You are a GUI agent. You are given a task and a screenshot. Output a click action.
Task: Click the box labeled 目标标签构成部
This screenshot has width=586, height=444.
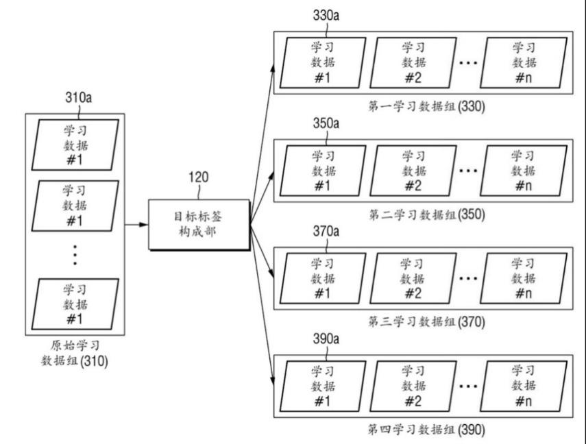199,225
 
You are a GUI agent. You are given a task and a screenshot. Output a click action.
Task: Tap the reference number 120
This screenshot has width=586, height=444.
199,177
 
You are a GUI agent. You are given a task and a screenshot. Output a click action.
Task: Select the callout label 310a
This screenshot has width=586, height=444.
79,97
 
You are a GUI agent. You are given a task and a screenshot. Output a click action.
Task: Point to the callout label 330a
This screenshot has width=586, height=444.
326,15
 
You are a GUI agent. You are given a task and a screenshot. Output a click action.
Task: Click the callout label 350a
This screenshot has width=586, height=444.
326,123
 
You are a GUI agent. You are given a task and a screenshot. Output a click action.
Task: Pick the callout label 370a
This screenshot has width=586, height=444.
326,231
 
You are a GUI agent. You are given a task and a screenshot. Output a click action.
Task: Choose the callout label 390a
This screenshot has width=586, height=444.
326,338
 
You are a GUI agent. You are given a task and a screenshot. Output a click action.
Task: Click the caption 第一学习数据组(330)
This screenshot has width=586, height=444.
426,106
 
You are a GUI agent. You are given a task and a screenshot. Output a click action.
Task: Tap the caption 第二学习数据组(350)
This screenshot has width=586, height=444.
426,214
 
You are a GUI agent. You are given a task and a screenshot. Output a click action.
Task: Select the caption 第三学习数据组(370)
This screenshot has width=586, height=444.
426,322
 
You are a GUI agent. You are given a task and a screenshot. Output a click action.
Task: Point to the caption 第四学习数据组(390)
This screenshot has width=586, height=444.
426,430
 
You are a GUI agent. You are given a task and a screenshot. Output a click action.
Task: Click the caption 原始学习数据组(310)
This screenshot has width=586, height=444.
75,353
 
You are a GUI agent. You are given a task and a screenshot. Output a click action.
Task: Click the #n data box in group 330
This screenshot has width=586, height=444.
524,63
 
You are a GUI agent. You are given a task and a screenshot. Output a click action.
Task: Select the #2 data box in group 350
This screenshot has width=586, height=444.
413,171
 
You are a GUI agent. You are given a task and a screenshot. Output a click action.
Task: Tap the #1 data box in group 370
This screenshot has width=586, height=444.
323,278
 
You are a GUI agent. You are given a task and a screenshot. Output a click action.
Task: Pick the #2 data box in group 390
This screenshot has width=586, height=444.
413,386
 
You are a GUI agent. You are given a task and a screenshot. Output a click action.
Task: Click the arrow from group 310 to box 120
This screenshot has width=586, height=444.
136,225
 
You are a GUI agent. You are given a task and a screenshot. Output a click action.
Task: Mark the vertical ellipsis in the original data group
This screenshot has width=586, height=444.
75,255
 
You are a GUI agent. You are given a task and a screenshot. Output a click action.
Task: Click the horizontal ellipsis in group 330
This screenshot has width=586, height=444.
468,63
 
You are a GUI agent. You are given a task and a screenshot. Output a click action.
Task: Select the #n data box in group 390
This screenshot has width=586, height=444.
524,386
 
